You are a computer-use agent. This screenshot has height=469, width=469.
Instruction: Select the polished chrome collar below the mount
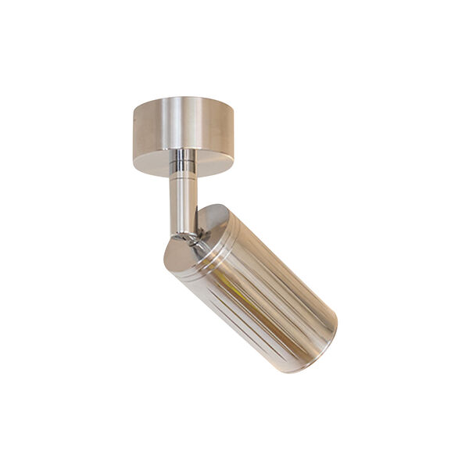pos(184,161)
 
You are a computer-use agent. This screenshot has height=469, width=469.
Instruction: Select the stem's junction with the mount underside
pos(184,152)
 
